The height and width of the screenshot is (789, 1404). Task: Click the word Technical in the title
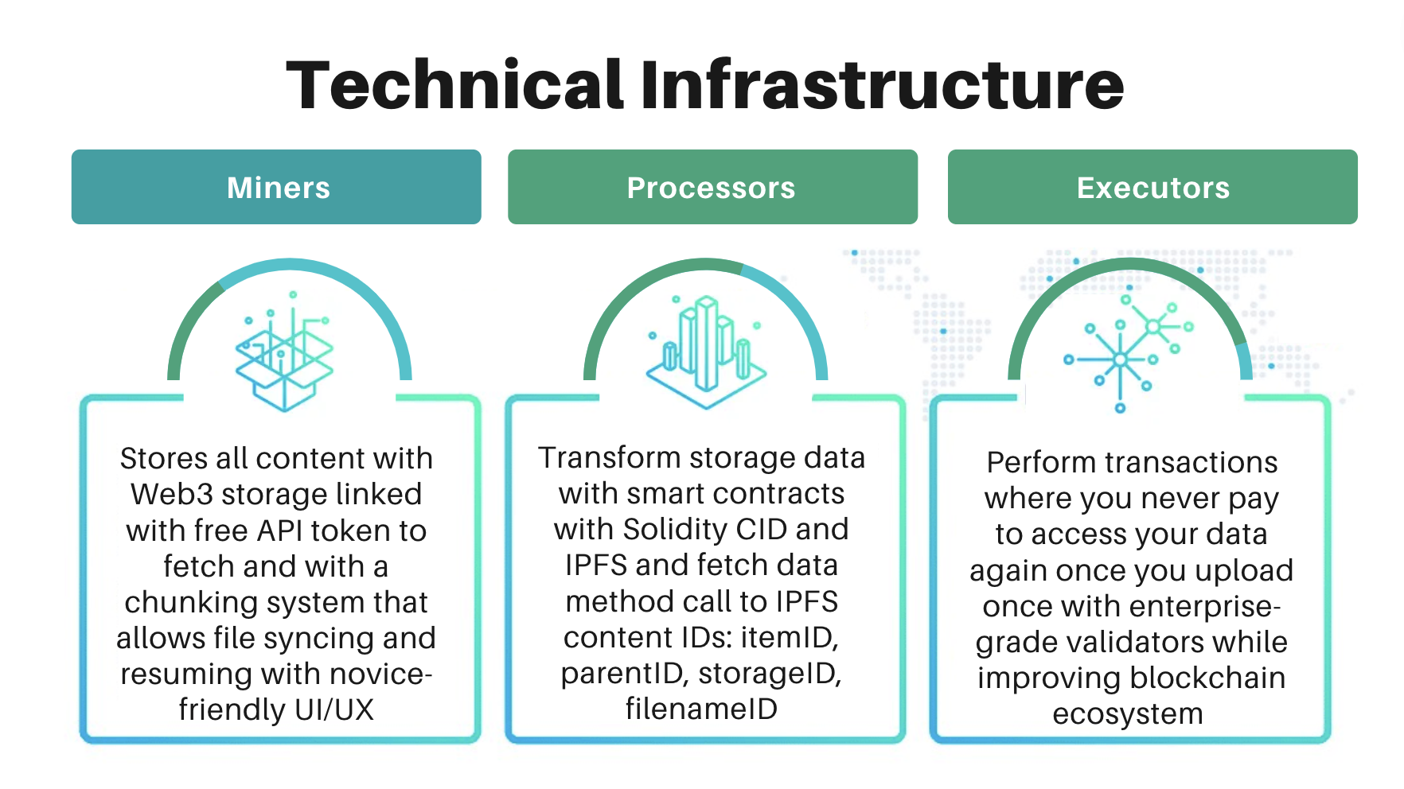coord(454,84)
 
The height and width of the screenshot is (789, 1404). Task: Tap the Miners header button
coord(276,187)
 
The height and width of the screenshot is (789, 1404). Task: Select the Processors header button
coord(712,187)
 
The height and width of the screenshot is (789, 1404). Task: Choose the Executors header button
coord(1152,187)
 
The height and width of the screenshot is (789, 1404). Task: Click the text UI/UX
coord(334,709)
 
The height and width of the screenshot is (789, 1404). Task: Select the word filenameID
coord(702,709)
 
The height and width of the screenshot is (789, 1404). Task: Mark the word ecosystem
coord(1128,714)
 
